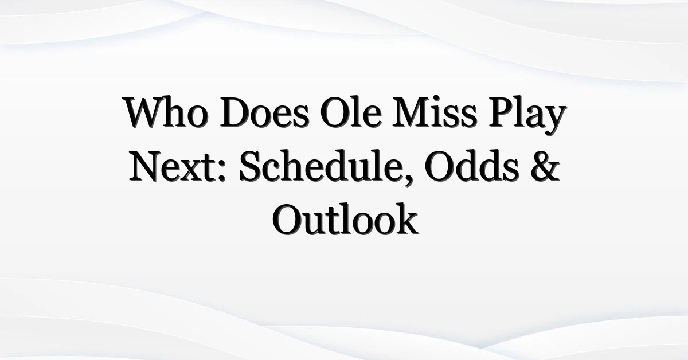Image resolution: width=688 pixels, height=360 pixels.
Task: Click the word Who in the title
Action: (x=166, y=112)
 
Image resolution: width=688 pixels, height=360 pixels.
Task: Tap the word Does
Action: (x=264, y=112)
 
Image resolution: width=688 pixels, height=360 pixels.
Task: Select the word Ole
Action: (x=351, y=112)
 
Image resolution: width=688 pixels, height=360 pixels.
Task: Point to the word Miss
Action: (x=435, y=112)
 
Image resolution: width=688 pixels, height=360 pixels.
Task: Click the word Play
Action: (x=527, y=115)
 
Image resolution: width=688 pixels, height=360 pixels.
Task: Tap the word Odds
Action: (x=472, y=165)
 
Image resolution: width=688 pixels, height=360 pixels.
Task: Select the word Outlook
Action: (x=345, y=219)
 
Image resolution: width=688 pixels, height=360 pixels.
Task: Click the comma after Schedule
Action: (x=408, y=179)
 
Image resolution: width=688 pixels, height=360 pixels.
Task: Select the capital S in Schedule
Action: (x=251, y=166)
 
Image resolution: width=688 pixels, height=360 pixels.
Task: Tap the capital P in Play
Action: (x=501, y=112)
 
